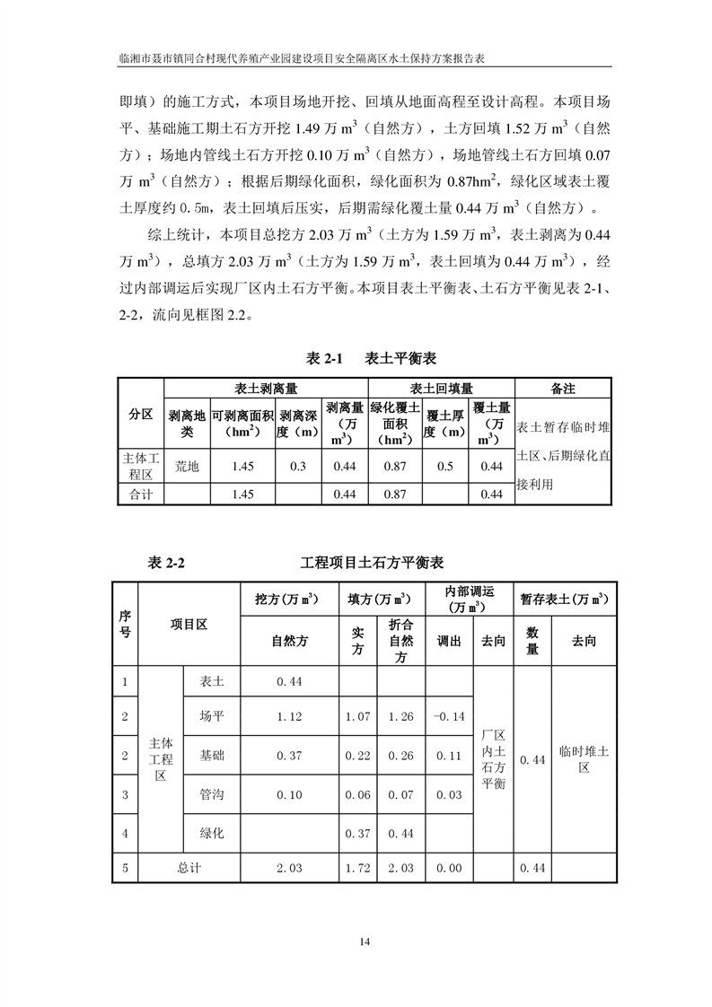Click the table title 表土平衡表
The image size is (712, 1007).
[x=400, y=358]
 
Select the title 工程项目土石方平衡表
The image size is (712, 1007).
[x=372, y=563]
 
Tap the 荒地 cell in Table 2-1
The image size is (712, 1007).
[x=187, y=467]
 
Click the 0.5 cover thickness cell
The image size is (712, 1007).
[x=444, y=467]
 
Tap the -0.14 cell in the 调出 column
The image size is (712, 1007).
[x=447, y=716]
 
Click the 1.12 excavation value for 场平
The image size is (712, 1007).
[x=288, y=716]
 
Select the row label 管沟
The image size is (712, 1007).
[x=212, y=795]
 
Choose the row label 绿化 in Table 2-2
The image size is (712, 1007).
[x=212, y=834]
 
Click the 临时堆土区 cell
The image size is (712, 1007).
[x=584, y=759]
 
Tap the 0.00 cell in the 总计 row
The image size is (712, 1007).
[x=447, y=868]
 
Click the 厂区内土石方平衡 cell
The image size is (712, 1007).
[x=494, y=759]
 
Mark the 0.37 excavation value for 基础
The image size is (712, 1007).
[x=288, y=756]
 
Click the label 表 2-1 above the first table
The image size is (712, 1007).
[x=326, y=358]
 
